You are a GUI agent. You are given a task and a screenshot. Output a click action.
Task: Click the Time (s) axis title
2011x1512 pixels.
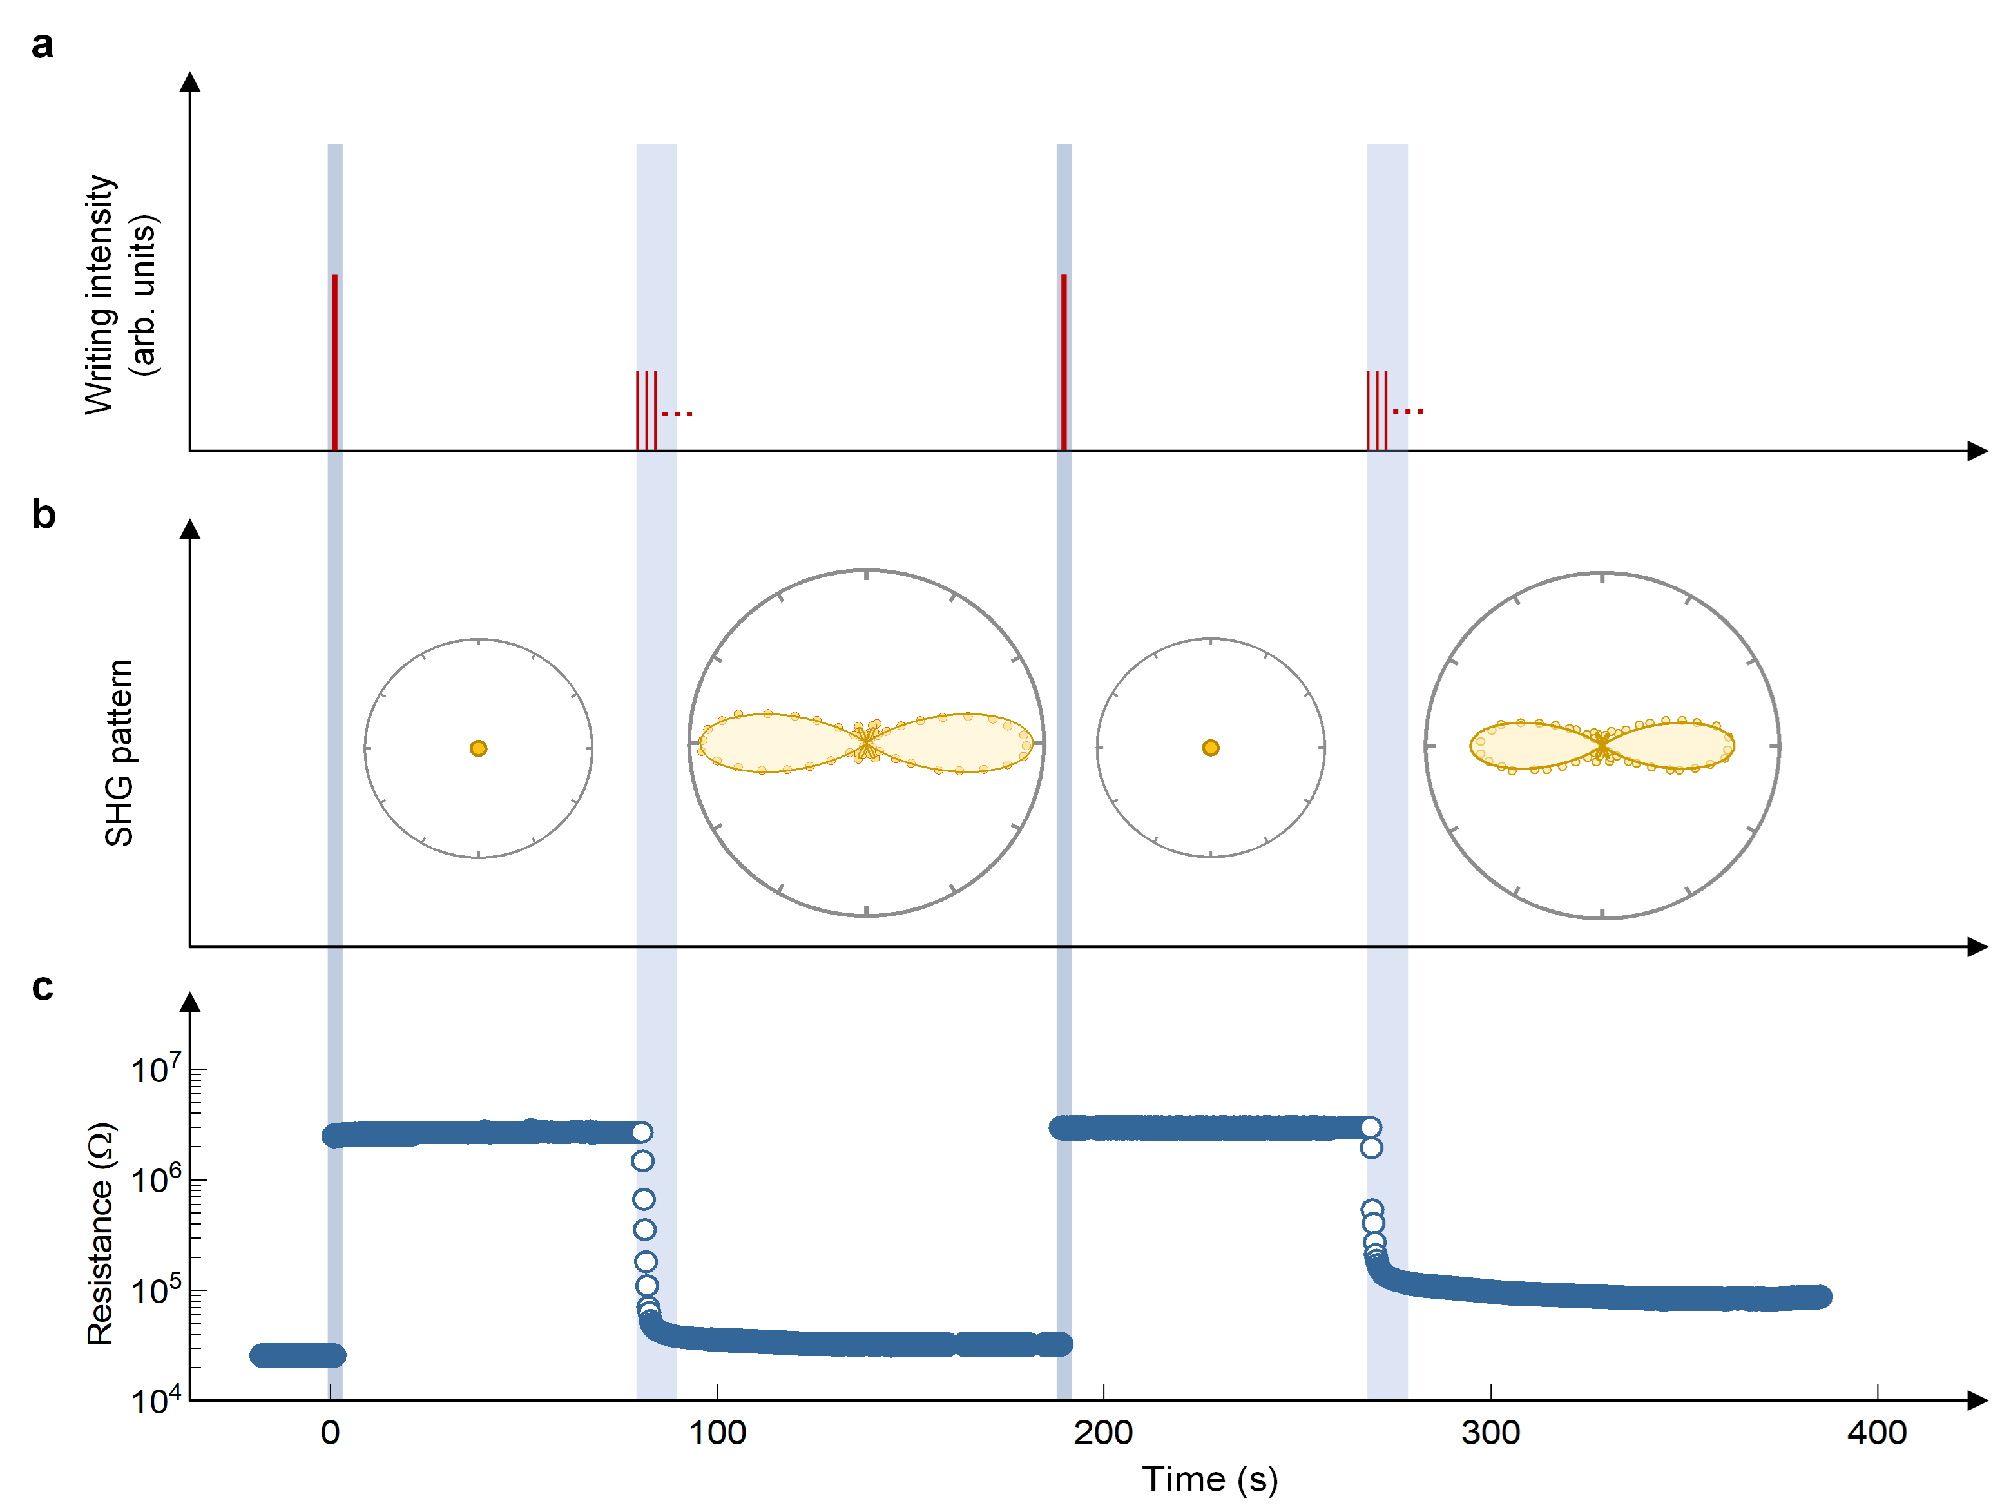(x=1209, y=1479)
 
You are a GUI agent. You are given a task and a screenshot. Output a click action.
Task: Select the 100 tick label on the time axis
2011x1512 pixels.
(x=717, y=1433)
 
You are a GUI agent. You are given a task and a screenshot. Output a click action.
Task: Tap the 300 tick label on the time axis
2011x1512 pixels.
(x=1490, y=1433)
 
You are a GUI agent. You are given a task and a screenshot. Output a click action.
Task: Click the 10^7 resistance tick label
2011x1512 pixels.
(x=155, y=1069)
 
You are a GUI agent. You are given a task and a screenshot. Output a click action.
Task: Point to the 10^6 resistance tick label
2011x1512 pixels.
(x=155, y=1179)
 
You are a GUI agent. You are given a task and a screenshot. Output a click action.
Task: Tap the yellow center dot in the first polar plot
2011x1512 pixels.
(x=478, y=748)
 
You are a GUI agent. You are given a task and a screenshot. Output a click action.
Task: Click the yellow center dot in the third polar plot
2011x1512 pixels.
(x=1210, y=748)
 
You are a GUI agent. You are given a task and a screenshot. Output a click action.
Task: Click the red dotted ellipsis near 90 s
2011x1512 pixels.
(x=677, y=414)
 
